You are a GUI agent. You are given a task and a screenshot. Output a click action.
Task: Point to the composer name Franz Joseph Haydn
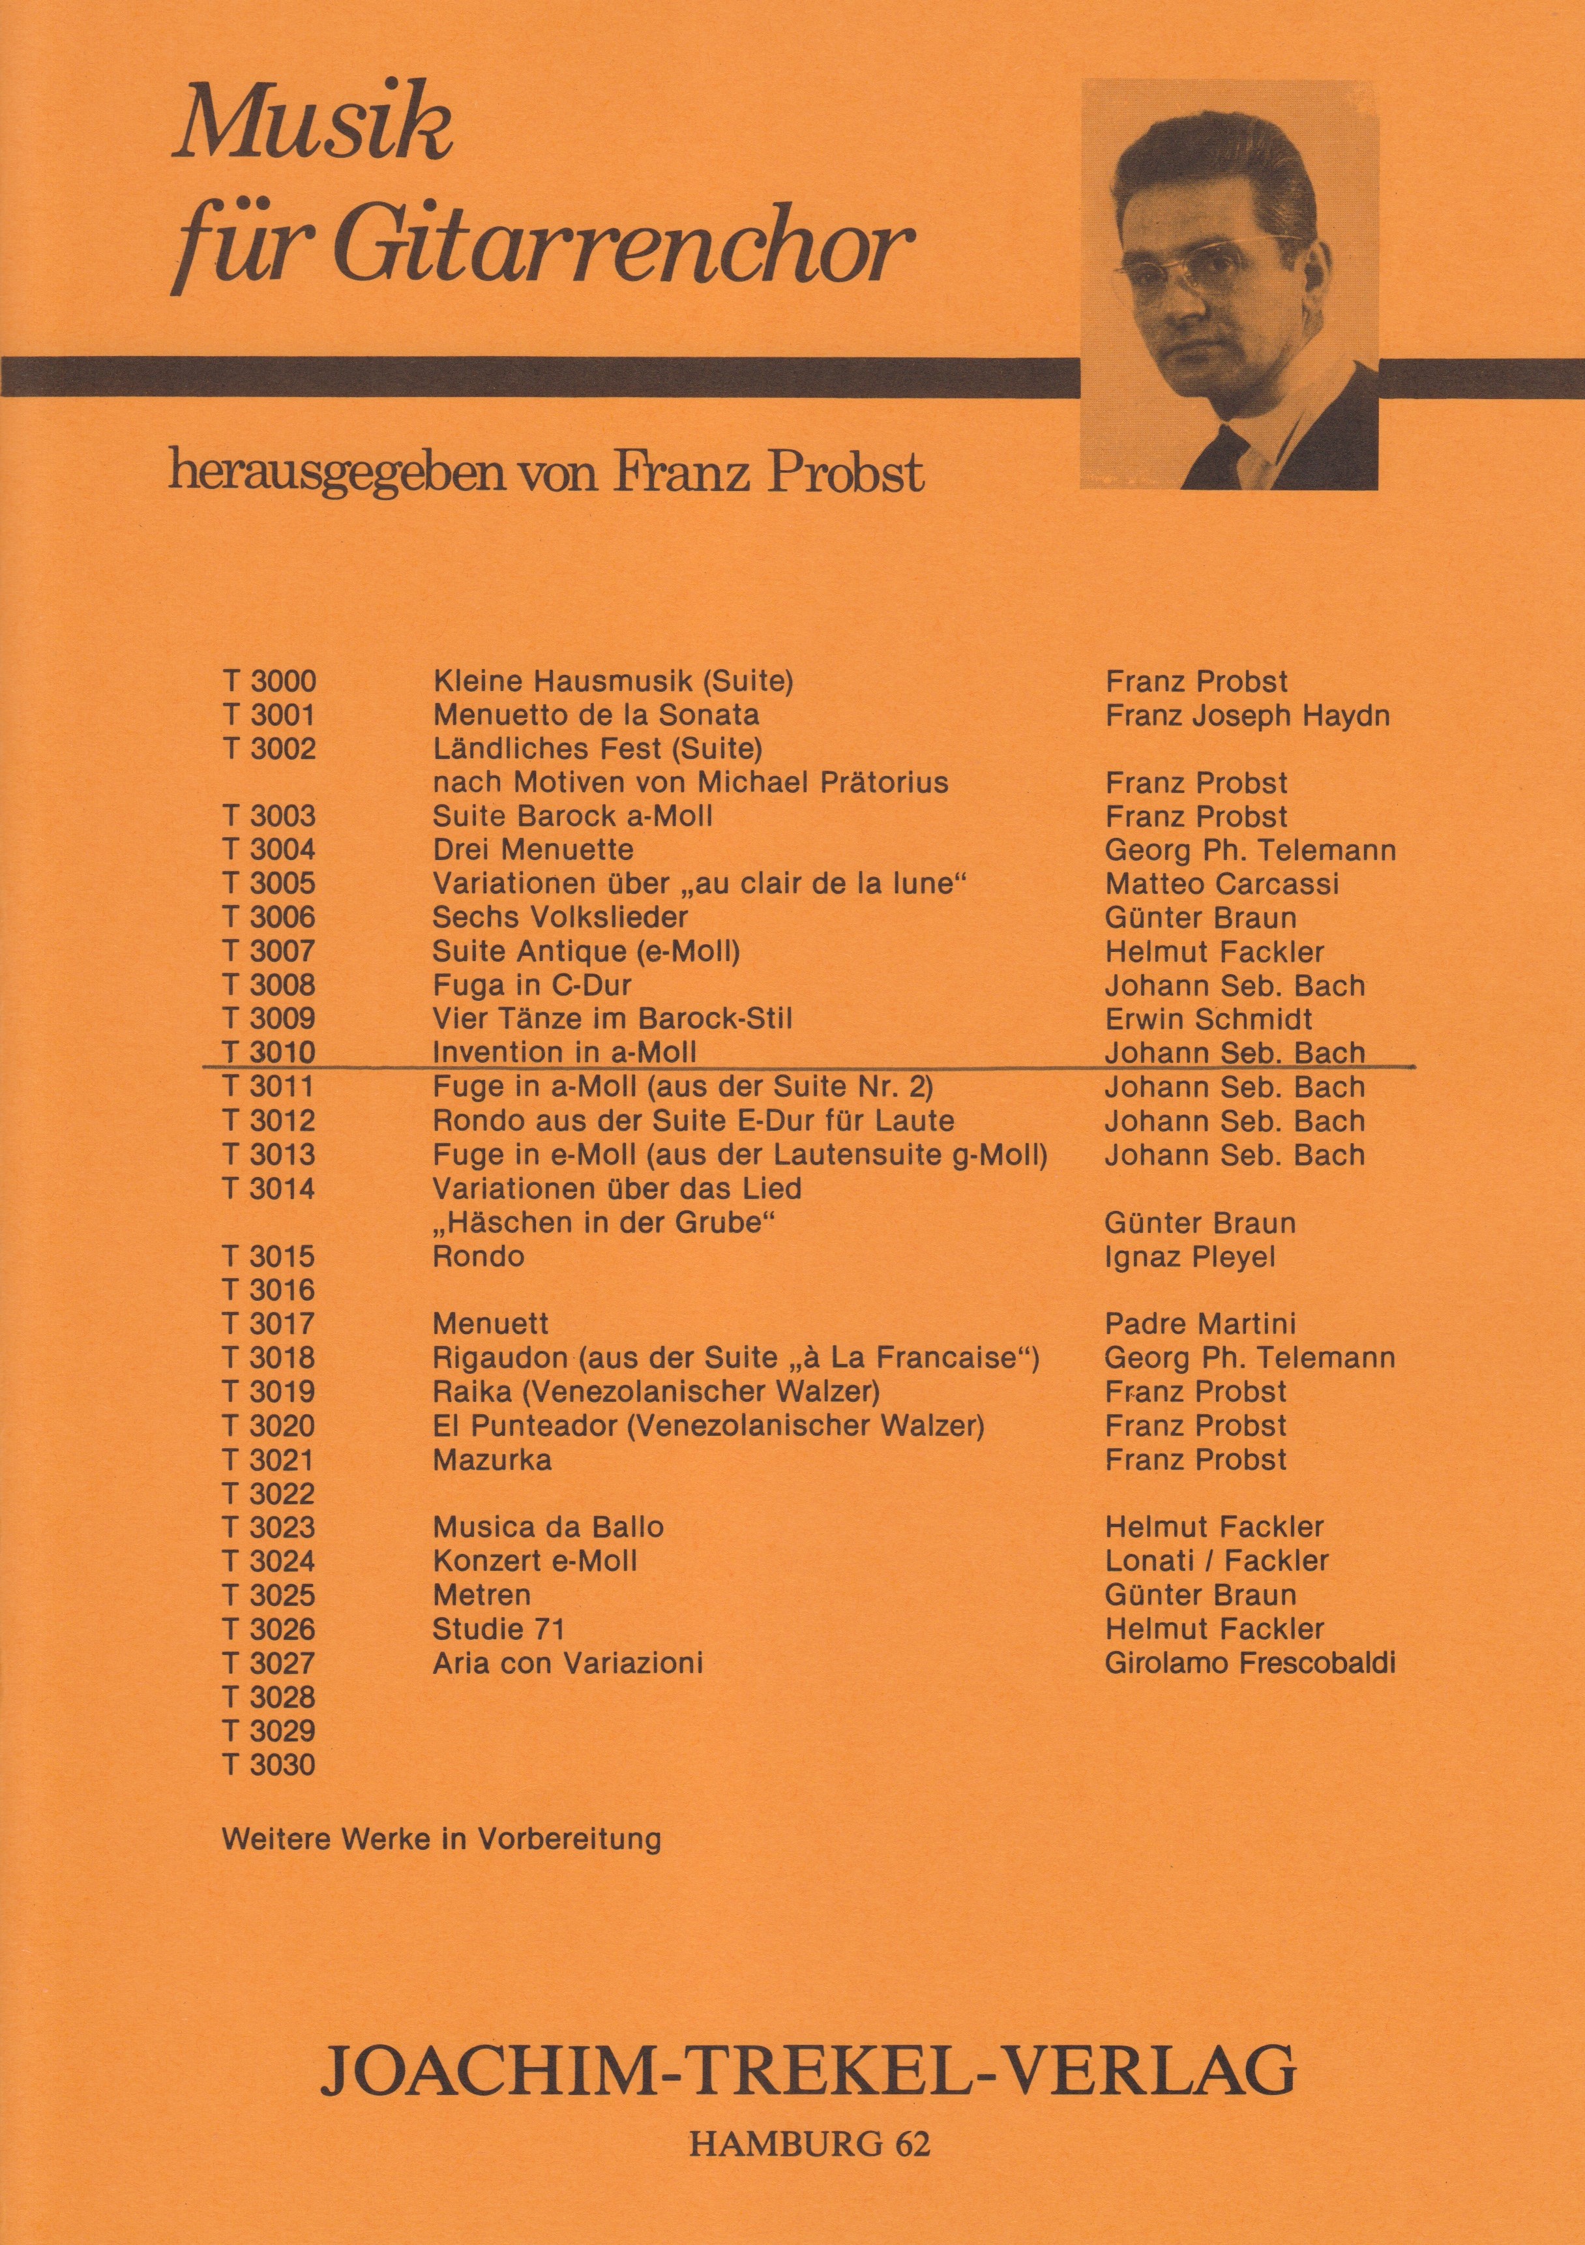pyautogui.click(x=1247, y=716)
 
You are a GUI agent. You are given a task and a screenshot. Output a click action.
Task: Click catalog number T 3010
pyautogui.click(x=270, y=1053)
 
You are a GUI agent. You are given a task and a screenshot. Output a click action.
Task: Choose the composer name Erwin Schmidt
pyautogui.click(x=1209, y=1019)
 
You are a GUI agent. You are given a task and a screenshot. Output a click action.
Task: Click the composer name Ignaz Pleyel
pyautogui.click(x=1190, y=1256)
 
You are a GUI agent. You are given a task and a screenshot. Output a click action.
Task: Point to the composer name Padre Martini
pyautogui.click(x=1200, y=1324)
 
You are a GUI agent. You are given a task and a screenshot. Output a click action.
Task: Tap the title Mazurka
pyautogui.click(x=492, y=1460)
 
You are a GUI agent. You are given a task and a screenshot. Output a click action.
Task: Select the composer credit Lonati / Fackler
pyautogui.click(x=1217, y=1560)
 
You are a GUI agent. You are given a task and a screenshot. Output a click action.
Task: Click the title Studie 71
pyautogui.click(x=499, y=1629)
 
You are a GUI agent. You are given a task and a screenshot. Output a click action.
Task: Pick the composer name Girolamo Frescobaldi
pyautogui.click(x=1250, y=1663)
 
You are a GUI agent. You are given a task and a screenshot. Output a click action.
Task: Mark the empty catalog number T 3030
pyautogui.click(x=270, y=1765)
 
